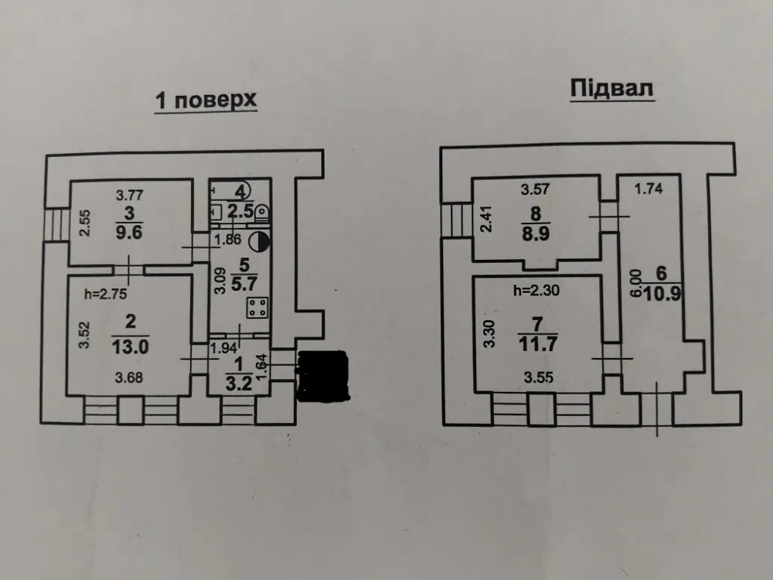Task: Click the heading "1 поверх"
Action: [205, 101]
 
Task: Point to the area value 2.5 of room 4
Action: [242, 206]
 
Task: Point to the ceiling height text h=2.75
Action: [103, 293]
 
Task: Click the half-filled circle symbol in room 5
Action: [264, 241]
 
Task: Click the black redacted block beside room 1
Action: [324, 377]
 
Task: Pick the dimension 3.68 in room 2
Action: [129, 379]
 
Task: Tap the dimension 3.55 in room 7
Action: [538, 378]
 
